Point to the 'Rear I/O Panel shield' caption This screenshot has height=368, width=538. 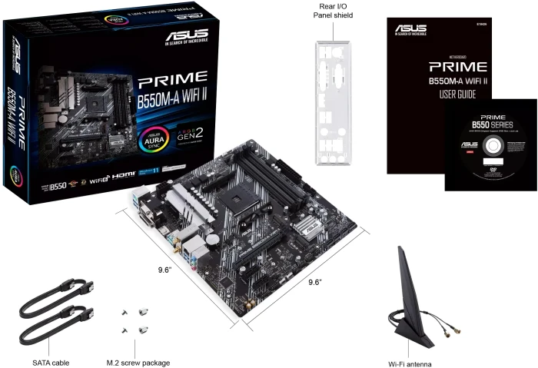[333, 10]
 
